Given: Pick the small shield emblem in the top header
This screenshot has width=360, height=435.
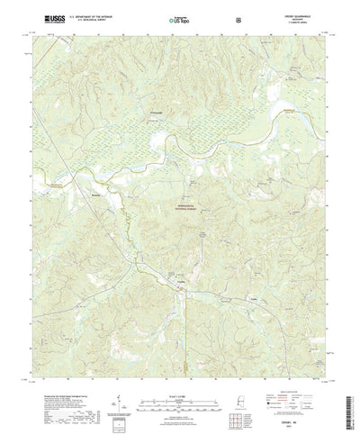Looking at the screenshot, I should point(237,19).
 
